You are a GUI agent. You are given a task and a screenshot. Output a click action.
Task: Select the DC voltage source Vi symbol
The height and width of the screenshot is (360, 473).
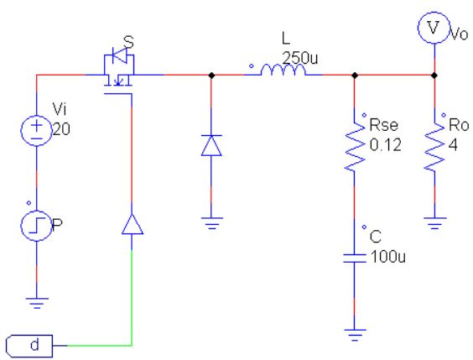[37, 131]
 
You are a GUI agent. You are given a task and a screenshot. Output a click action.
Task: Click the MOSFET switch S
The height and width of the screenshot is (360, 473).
[118, 70]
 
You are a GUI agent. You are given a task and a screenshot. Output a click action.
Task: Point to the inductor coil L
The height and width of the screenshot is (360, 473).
[283, 70]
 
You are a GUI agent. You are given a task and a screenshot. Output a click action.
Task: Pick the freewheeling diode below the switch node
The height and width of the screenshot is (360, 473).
[211, 145]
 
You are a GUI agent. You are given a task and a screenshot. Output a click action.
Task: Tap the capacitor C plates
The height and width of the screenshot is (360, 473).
[355, 258]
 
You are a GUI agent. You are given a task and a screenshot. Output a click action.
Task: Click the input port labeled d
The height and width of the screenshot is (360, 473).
[29, 346]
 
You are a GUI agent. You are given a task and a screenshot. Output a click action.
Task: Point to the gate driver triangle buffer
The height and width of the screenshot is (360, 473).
[133, 224]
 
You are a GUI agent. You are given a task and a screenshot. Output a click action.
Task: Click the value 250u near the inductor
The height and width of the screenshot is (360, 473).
[300, 58]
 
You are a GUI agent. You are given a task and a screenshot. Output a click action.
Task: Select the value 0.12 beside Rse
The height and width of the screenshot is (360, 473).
[386, 145]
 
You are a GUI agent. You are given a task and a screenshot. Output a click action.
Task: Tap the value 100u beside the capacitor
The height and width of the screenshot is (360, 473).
[388, 257]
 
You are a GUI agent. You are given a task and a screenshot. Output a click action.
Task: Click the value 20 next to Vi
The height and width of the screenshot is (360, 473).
[61, 129]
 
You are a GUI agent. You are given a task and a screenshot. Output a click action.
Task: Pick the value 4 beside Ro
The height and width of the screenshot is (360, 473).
[453, 145]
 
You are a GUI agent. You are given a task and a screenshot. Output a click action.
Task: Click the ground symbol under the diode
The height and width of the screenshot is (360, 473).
[211, 223]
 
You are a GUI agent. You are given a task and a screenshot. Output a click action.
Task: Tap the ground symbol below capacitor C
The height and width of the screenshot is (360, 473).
[355, 335]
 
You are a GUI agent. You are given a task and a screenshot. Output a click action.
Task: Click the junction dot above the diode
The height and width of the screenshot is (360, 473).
[211, 75]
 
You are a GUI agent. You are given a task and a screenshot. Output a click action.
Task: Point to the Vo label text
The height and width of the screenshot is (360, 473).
[459, 34]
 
